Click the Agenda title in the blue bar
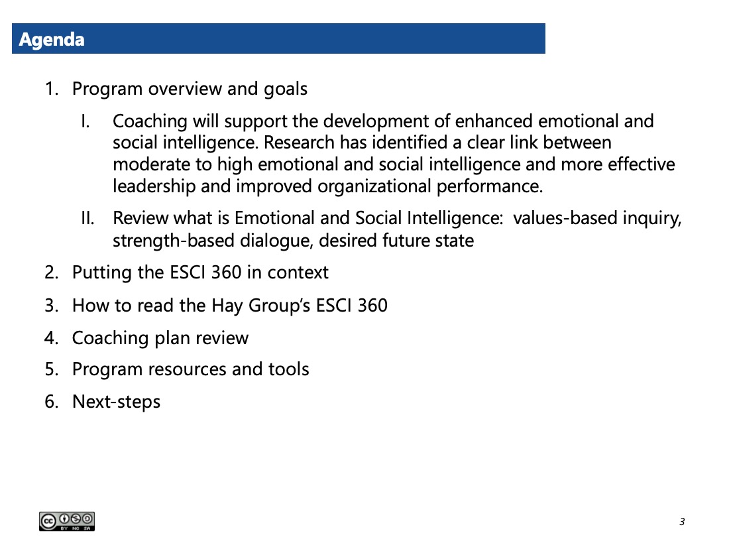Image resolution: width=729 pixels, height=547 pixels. (x=52, y=40)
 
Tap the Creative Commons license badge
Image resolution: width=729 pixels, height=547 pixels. (x=67, y=521)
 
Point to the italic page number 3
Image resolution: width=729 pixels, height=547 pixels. (x=682, y=522)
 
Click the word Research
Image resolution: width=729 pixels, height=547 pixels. (x=299, y=143)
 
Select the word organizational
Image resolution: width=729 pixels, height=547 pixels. (x=374, y=186)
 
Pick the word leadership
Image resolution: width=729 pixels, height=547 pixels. (x=154, y=186)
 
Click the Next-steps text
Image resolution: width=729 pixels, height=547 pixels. (x=116, y=402)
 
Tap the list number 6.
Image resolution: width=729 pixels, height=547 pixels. (x=52, y=402)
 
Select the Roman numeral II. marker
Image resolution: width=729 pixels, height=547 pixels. (x=88, y=218)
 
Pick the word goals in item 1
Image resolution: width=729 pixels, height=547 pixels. (x=286, y=90)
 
